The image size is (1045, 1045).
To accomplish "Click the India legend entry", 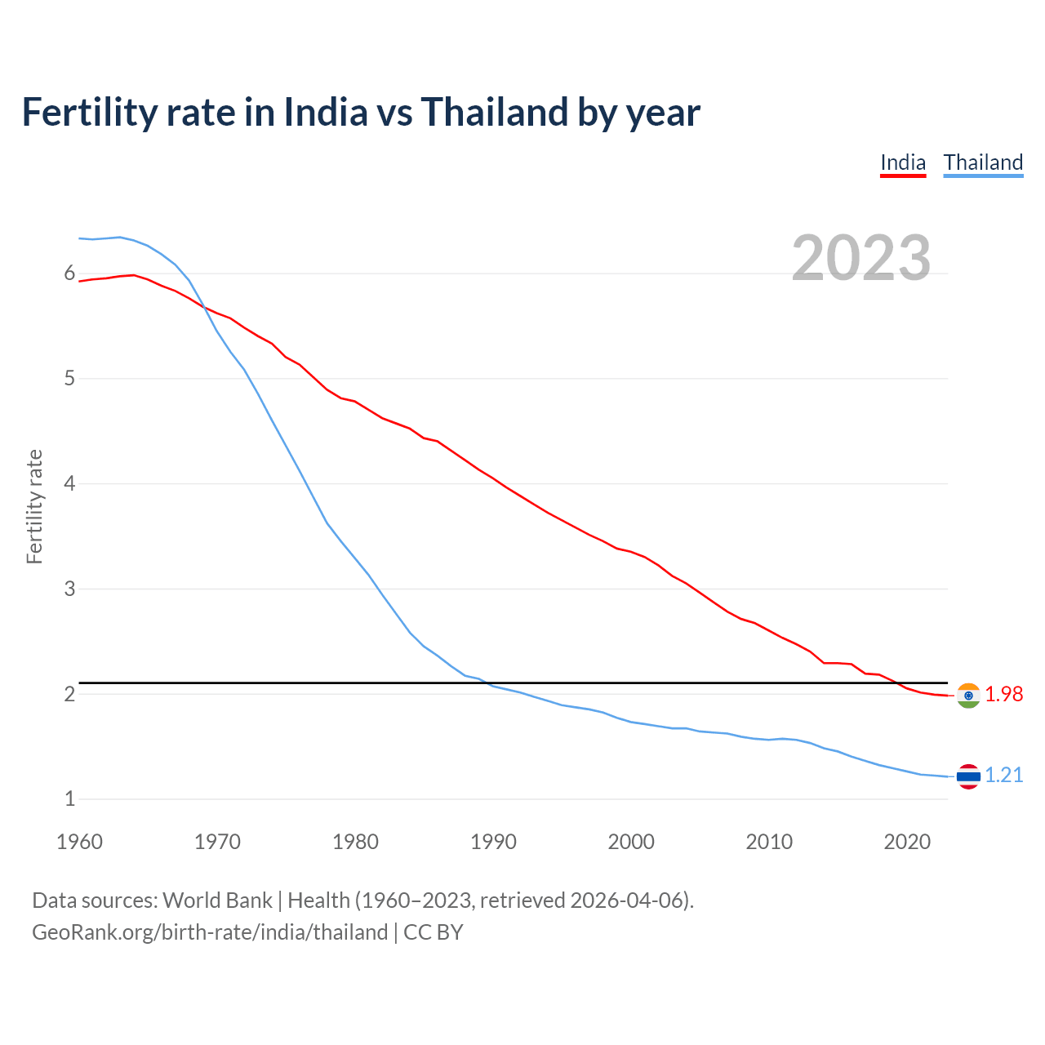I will click(x=902, y=162).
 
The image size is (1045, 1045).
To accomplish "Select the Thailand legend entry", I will click(x=983, y=162).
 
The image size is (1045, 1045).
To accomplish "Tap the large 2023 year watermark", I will click(x=860, y=258).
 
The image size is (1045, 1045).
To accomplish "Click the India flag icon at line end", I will click(x=968, y=695).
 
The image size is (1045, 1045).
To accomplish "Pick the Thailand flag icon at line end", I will click(x=968, y=776).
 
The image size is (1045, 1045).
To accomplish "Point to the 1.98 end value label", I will click(x=1003, y=694).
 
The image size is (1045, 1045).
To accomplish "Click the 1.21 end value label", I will click(x=1003, y=775).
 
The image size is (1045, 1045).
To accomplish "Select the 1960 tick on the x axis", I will click(x=79, y=842).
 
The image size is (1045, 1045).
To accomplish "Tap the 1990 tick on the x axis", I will click(x=493, y=842).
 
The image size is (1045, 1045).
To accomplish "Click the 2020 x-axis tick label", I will click(x=907, y=842).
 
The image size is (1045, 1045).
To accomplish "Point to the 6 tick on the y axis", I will click(x=69, y=273).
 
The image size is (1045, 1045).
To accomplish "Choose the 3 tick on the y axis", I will click(x=69, y=589).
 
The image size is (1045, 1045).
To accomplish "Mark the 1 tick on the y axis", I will click(x=69, y=798).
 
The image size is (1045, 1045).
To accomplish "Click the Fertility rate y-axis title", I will click(x=34, y=506).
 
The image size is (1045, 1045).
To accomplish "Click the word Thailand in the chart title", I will click(x=495, y=113).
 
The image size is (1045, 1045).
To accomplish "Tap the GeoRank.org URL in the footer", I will click(x=210, y=932).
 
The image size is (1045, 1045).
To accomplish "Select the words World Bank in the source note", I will click(x=217, y=900).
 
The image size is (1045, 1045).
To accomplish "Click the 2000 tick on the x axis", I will click(x=631, y=842).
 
